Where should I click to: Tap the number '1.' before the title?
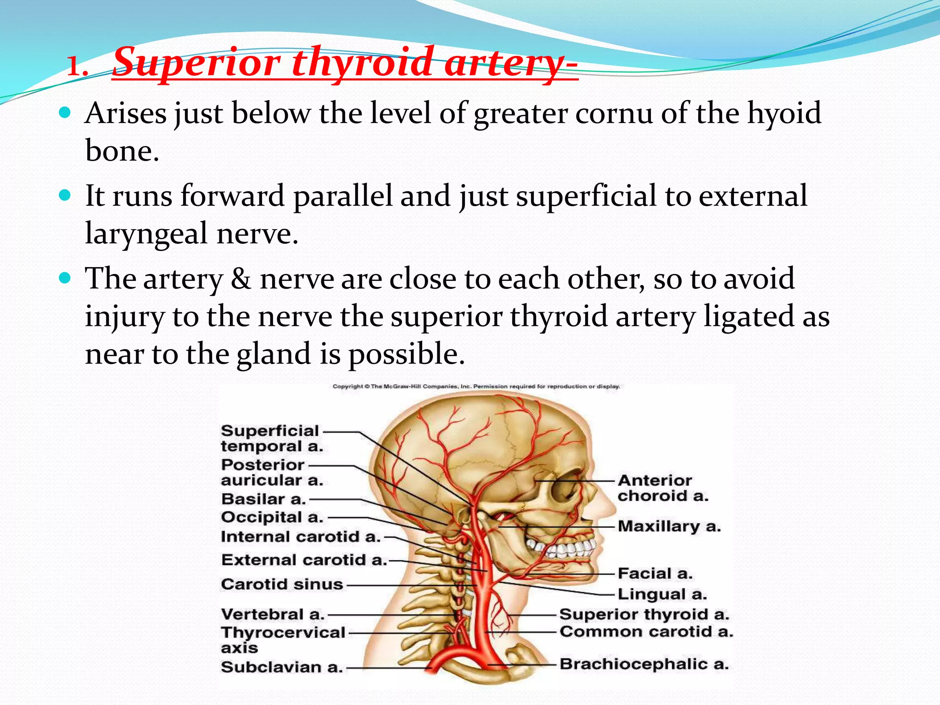point(78,67)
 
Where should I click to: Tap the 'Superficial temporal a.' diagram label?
point(272,438)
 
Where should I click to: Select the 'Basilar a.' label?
point(263,499)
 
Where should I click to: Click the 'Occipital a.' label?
point(272,517)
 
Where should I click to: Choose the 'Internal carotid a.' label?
point(301,537)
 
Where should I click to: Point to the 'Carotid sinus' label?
point(282,584)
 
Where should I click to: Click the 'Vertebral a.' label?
point(273,614)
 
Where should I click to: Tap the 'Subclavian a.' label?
point(282,667)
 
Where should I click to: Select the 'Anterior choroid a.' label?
point(663,488)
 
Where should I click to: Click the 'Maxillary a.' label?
point(669,526)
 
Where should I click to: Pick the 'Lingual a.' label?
point(662,594)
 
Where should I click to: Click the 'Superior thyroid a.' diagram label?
point(644,614)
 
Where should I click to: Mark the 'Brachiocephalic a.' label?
point(644,664)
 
